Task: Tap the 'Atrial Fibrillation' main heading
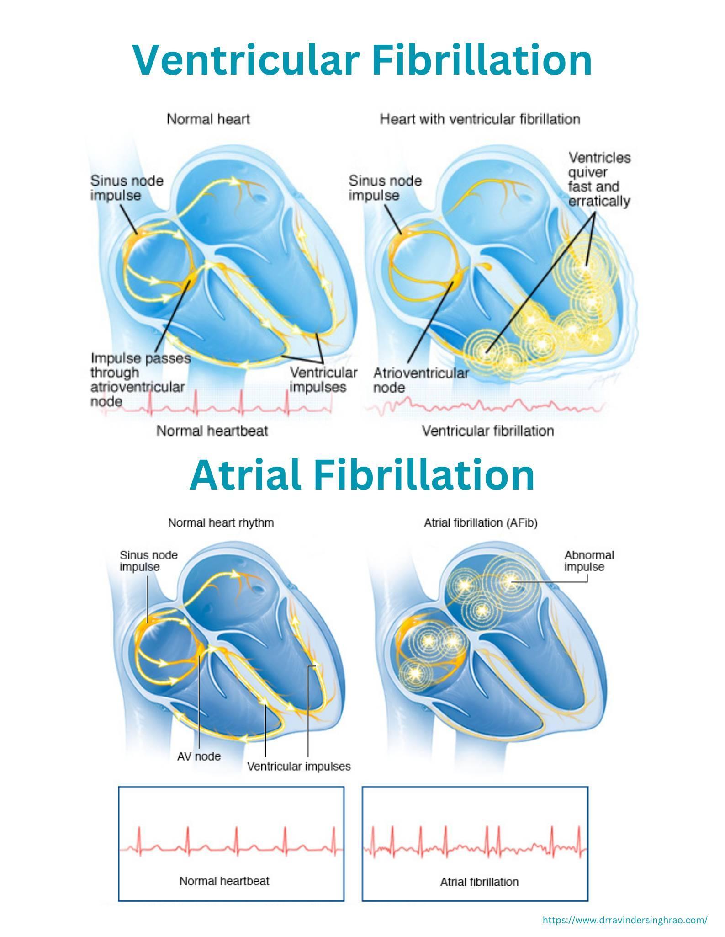(x=362, y=475)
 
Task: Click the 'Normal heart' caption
(x=208, y=119)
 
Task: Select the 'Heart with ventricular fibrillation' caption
(x=480, y=119)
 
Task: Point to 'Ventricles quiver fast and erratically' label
(x=599, y=180)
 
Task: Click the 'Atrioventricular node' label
(x=420, y=380)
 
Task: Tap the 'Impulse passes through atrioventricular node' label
(x=140, y=379)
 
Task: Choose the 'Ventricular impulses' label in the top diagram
(x=323, y=380)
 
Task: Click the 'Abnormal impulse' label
(x=589, y=561)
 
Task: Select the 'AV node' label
(x=199, y=756)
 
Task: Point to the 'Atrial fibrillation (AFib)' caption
(x=481, y=522)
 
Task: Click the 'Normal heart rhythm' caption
(x=221, y=522)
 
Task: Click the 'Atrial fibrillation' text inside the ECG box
(x=479, y=882)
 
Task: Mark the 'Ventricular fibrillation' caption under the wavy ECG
(x=487, y=431)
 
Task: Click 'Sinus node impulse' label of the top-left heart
(x=127, y=188)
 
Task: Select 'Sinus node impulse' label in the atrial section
(x=148, y=561)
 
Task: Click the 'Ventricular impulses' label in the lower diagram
(x=299, y=767)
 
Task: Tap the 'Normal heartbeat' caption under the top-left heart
(x=212, y=431)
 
